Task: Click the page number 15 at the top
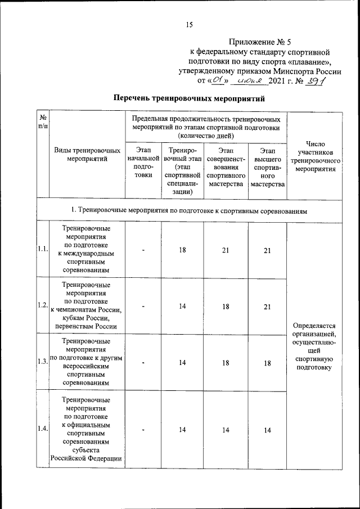click(x=189, y=24)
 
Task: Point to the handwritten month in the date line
click(x=251, y=81)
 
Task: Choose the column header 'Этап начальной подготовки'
click(x=143, y=163)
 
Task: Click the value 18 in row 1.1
click(x=182, y=250)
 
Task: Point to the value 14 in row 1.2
click(x=182, y=306)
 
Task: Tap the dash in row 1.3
click(x=143, y=363)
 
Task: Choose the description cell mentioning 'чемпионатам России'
click(x=87, y=305)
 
